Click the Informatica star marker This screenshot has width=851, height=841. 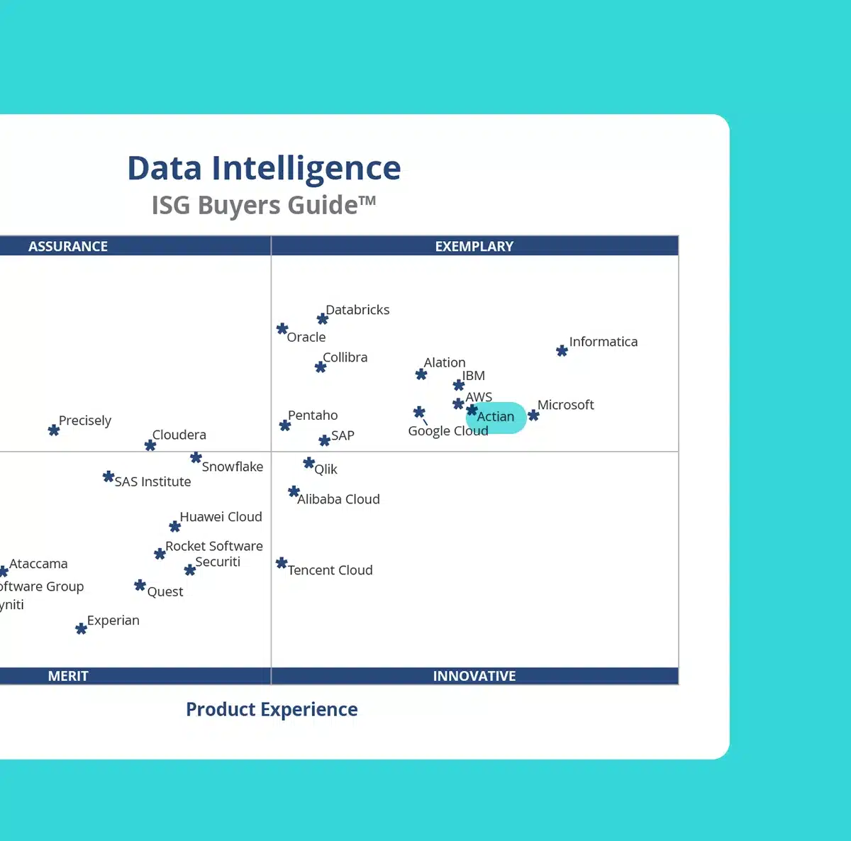[x=562, y=350]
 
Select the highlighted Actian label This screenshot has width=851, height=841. [x=496, y=417]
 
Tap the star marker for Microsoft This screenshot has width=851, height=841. [x=533, y=415]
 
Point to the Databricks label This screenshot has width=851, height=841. [x=357, y=310]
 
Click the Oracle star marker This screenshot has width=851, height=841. [x=282, y=329]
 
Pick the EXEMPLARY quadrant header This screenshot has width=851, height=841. [x=474, y=246]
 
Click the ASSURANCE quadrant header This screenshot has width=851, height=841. [x=68, y=246]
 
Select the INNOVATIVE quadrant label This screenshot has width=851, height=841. [x=474, y=676]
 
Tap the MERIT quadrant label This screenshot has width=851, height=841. [x=68, y=676]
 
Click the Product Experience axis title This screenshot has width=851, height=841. [x=272, y=709]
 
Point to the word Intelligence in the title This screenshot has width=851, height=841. [x=306, y=169]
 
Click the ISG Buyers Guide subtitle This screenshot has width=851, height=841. [x=263, y=205]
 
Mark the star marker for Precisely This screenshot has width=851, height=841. [x=54, y=430]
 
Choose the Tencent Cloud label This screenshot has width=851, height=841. [x=330, y=570]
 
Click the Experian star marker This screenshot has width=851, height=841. [x=81, y=629]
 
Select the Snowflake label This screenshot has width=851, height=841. [x=232, y=467]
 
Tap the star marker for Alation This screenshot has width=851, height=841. [x=421, y=374]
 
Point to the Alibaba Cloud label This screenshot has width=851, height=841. [x=338, y=499]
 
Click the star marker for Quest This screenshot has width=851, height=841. [x=140, y=586]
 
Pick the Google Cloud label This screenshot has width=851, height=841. [x=447, y=431]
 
